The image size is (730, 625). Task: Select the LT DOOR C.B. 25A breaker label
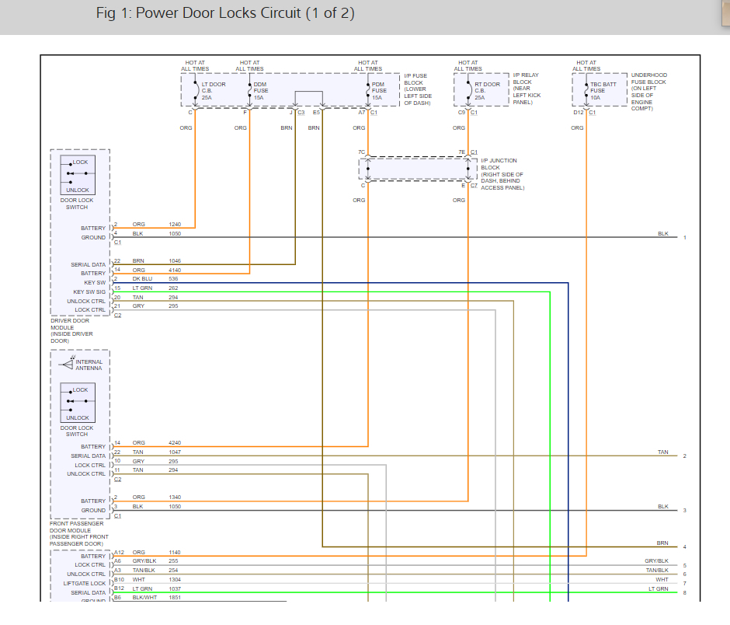[x=213, y=90]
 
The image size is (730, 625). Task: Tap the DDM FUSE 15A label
[x=260, y=90]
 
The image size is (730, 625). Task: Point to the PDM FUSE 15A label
[x=378, y=90]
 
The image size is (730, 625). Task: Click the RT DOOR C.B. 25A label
[x=487, y=90]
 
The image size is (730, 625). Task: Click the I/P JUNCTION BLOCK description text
[x=502, y=174]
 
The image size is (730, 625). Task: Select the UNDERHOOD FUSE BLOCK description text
[x=648, y=92]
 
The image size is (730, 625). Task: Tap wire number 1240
[x=176, y=225]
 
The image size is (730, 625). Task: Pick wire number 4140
[x=176, y=270]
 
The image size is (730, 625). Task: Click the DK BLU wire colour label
[x=142, y=278]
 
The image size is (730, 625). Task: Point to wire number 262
[x=174, y=288]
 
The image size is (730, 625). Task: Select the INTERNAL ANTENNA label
[x=89, y=365]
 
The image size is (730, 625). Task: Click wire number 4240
[x=176, y=443]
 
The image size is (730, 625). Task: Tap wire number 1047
[x=176, y=452]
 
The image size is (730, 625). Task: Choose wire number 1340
[x=176, y=497]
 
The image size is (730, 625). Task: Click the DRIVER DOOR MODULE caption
[x=71, y=330]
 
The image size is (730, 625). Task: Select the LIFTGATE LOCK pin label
[x=85, y=583]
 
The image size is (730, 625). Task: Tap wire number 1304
[x=176, y=579]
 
